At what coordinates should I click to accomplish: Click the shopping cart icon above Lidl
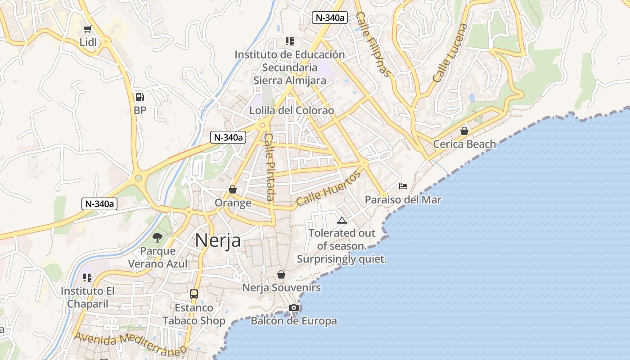click(87, 29)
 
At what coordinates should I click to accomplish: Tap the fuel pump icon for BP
click(139, 97)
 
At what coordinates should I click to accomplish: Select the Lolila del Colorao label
click(292, 111)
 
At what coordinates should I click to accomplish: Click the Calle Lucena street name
click(450, 53)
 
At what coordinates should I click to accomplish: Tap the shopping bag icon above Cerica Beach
click(464, 131)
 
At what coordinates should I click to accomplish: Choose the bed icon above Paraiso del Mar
click(403, 186)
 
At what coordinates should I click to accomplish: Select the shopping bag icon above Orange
click(233, 189)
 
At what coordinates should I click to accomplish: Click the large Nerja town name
click(218, 240)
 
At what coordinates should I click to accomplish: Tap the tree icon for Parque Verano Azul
click(157, 237)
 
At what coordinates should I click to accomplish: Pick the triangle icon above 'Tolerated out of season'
click(342, 220)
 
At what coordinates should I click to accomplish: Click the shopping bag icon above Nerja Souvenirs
click(281, 274)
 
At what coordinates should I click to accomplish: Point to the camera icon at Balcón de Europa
click(294, 307)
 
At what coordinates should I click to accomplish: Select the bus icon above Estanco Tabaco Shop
click(194, 294)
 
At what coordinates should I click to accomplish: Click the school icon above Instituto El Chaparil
click(87, 277)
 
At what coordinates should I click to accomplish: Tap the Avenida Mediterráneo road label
click(130, 344)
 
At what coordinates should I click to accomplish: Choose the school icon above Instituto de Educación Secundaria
click(290, 41)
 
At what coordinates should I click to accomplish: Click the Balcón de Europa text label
click(294, 321)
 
